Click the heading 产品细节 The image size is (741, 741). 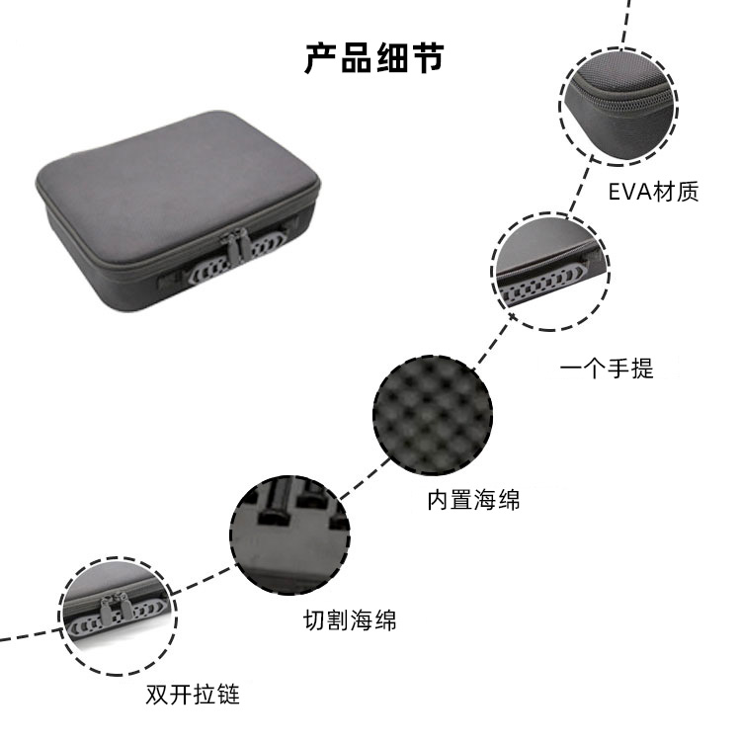pos(373,58)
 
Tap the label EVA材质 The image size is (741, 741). pos(653,192)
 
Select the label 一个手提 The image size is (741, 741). pos(607,368)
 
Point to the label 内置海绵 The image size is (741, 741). pos(473,500)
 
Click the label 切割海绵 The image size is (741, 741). pos(350,620)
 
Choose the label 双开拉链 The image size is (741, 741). pos(193,695)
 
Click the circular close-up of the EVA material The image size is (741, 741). pos(618,107)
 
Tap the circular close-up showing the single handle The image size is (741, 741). pos(550,272)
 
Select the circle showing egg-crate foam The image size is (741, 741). pos(433,415)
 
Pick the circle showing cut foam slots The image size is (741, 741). pos(289,535)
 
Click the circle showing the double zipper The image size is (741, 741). pos(118,617)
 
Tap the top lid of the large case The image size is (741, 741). pos(177,182)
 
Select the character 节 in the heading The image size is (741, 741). pos(427,58)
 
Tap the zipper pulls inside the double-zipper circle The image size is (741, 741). pos(115,610)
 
